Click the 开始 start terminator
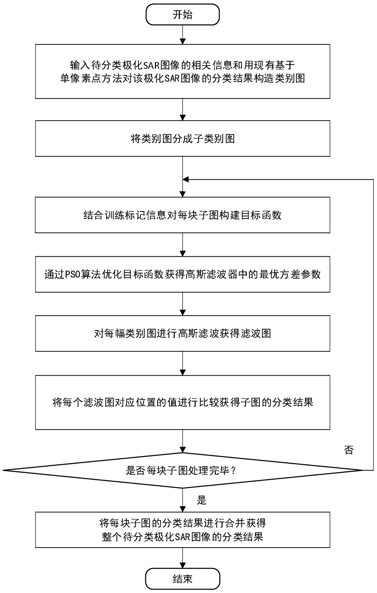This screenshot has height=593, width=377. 182,15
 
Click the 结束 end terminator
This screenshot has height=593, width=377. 182,578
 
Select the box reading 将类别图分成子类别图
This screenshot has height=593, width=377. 182,139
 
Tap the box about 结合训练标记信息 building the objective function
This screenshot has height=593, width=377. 182,215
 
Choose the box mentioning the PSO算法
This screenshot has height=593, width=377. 182,274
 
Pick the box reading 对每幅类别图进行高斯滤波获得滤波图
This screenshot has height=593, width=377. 182,334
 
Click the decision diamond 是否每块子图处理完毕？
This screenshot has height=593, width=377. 182,470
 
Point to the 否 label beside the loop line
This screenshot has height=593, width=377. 349,450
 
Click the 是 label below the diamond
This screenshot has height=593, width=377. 202,500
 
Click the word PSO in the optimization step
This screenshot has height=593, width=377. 72,275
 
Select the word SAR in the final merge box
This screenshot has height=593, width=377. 183,537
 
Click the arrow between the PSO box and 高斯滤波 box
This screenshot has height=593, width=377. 182,304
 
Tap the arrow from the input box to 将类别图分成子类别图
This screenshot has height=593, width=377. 182,109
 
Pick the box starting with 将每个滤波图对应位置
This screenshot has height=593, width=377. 182,402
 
